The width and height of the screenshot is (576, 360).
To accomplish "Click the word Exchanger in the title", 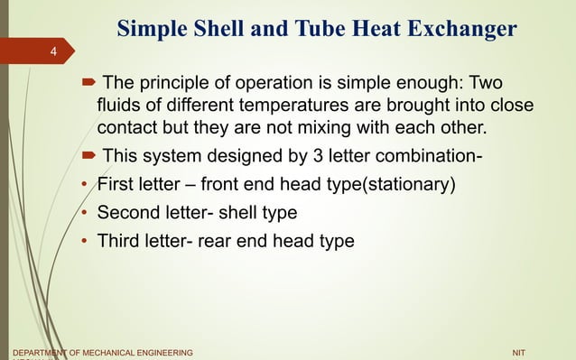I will tap(458, 29).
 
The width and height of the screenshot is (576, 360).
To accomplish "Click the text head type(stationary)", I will tap(384, 188).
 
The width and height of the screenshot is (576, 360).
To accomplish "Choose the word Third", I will tap(117, 241).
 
